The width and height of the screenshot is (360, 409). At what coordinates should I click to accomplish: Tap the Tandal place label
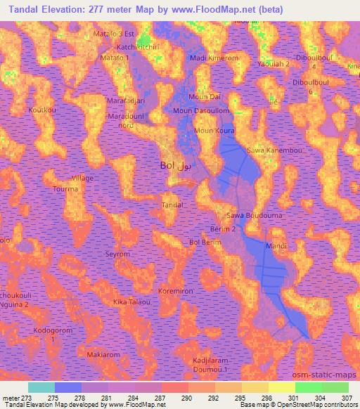click(172, 204)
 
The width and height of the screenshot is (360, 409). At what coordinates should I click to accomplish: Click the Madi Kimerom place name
click(215, 58)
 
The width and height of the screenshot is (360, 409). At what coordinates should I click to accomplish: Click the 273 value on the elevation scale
click(26, 397)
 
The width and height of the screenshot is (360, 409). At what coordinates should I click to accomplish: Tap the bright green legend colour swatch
click(308, 387)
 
